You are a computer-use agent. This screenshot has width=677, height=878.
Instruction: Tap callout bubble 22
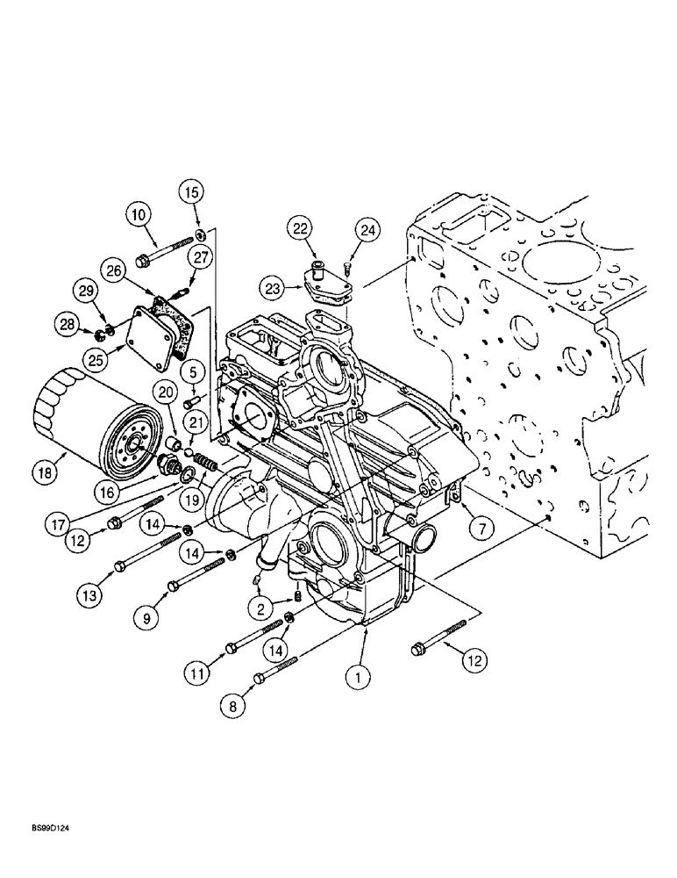(301, 229)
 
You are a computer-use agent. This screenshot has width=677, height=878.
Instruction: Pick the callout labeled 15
(192, 191)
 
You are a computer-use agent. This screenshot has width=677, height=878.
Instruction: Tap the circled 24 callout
(367, 231)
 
